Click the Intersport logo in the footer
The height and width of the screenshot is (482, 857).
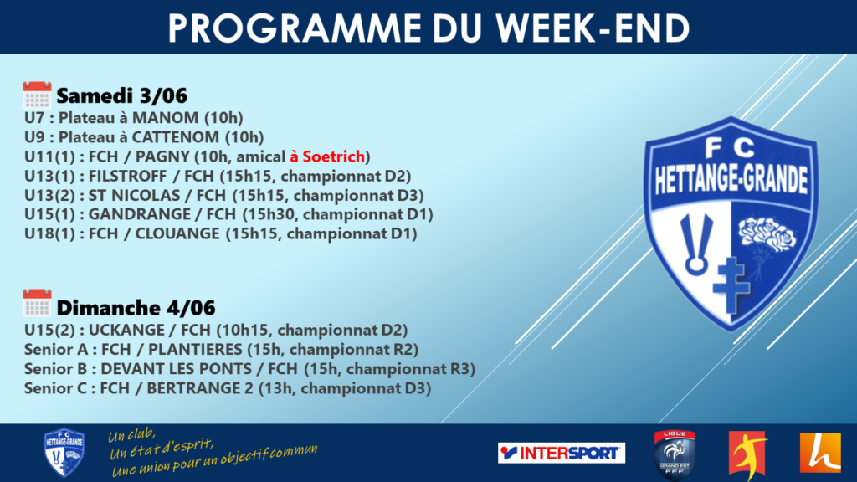562,453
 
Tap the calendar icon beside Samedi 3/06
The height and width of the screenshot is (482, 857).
37,95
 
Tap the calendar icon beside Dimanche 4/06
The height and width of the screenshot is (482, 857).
37,303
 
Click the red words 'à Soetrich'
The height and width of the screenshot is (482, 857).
327,156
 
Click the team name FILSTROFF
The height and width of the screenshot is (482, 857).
127,176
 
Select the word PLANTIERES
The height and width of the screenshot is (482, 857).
195,349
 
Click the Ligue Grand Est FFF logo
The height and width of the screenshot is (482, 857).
675,454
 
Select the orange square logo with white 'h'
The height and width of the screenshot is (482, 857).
820,453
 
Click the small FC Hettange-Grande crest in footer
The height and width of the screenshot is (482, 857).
64,453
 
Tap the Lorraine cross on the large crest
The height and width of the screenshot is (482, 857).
731,285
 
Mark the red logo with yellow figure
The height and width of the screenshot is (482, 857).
748,454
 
